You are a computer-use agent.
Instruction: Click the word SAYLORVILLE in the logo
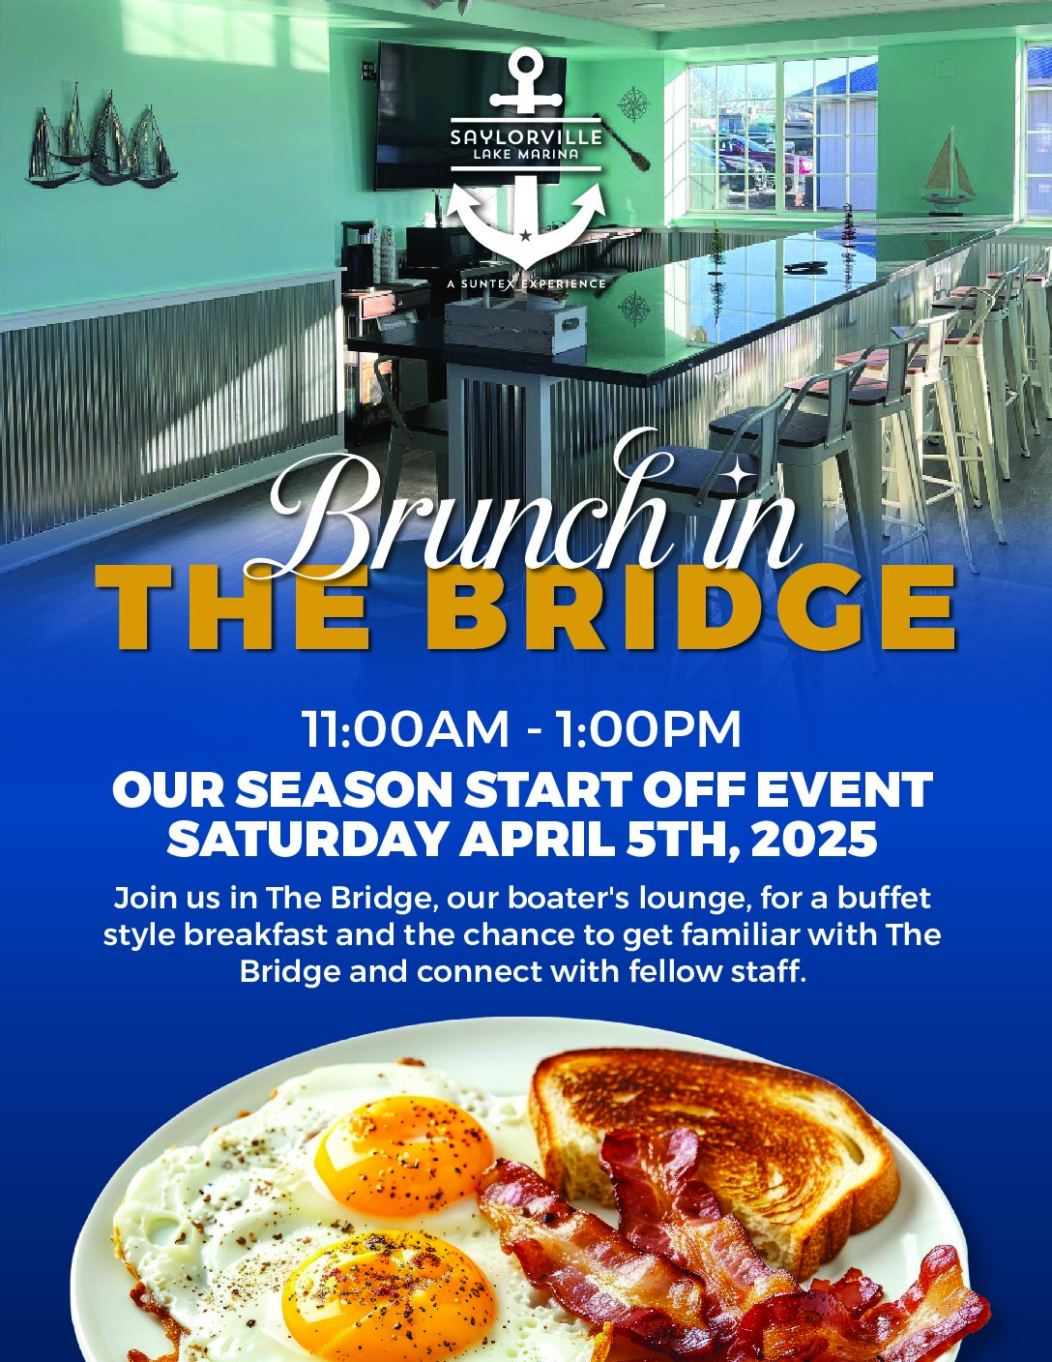coord(526,136)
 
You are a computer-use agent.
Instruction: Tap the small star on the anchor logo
coord(525,236)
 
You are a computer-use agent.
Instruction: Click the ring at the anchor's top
coord(525,65)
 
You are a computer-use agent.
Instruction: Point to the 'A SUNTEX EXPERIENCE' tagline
coord(526,284)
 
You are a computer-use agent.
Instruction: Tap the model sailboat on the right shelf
coord(947,169)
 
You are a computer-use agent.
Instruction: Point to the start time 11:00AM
coord(405,729)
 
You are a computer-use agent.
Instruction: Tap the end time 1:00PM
coord(649,729)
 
